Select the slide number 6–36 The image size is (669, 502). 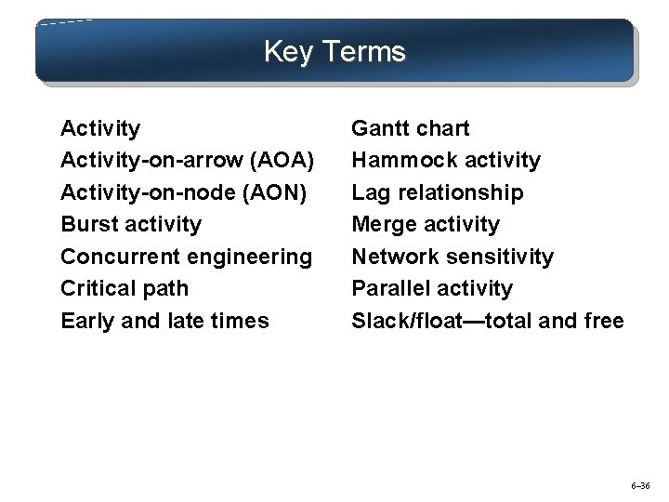pos(641,485)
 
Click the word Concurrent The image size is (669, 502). pos(114,257)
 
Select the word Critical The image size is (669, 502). pos(98,288)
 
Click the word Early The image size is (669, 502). pos(85,321)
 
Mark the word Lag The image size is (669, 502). pos(369,192)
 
